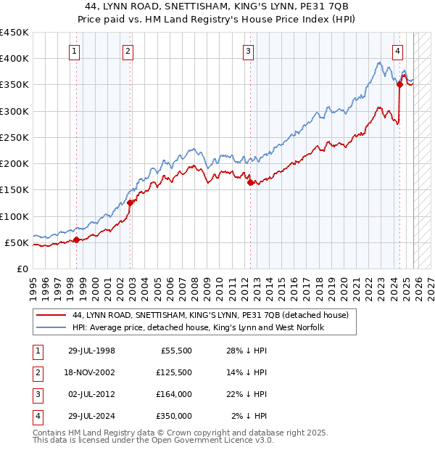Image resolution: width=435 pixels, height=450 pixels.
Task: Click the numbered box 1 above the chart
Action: click(x=75, y=51)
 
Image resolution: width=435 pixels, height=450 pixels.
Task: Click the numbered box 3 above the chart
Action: click(x=248, y=51)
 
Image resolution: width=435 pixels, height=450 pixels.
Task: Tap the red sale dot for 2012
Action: click(x=250, y=183)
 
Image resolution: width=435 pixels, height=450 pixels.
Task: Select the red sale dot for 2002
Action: click(x=130, y=203)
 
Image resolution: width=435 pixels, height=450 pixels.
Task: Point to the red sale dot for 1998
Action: click(x=76, y=240)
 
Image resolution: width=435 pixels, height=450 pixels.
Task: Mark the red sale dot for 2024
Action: click(x=399, y=85)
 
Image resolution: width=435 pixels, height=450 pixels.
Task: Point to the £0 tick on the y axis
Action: click(x=22, y=269)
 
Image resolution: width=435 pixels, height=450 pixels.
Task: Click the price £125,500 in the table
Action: click(x=173, y=372)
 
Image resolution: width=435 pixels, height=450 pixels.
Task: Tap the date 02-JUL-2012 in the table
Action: click(x=91, y=394)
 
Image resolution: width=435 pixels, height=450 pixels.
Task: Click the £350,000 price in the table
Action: click(x=173, y=416)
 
